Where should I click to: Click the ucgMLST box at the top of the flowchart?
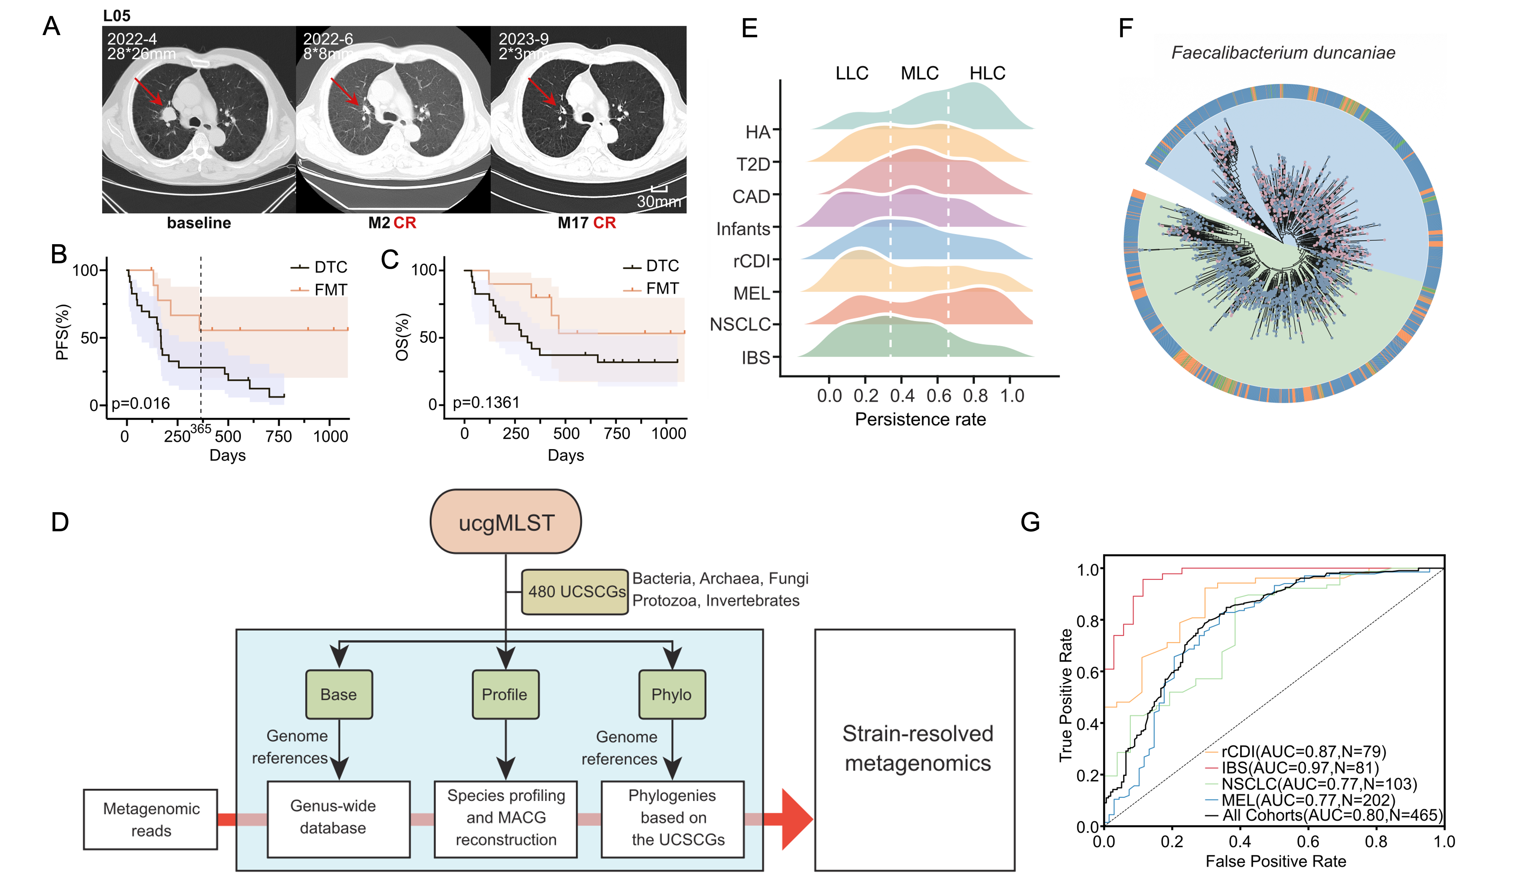click(506, 522)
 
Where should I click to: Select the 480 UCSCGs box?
click(575, 592)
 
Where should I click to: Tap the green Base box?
click(339, 695)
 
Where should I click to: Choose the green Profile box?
click(505, 695)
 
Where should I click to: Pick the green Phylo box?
click(671, 695)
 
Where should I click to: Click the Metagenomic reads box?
click(150, 819)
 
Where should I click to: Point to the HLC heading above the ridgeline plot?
click(987, 73)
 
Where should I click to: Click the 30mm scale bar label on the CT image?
click(659, 201)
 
